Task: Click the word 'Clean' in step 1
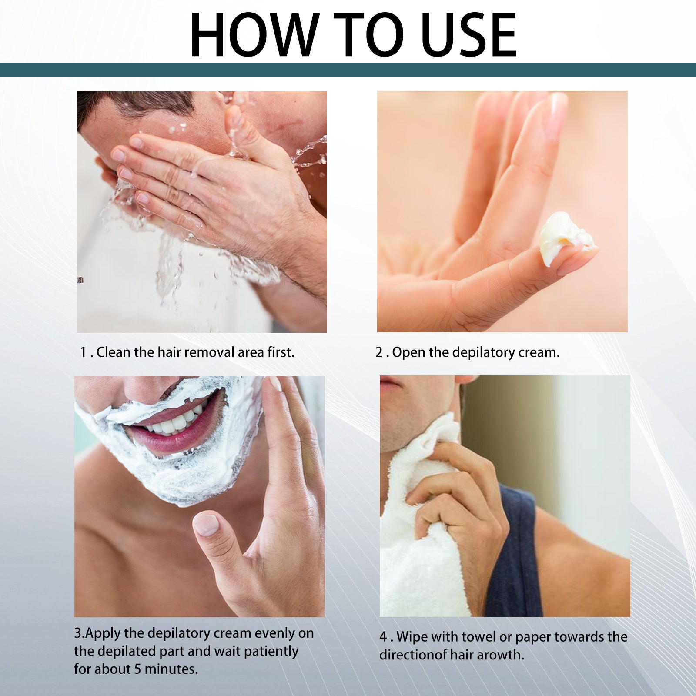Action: [x=114, y=352]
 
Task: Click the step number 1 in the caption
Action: [x=83, y=352]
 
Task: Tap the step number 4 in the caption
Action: [x=383, y=637]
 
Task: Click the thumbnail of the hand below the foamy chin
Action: [x=206, y=525]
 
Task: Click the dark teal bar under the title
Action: [x=348, y=69]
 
